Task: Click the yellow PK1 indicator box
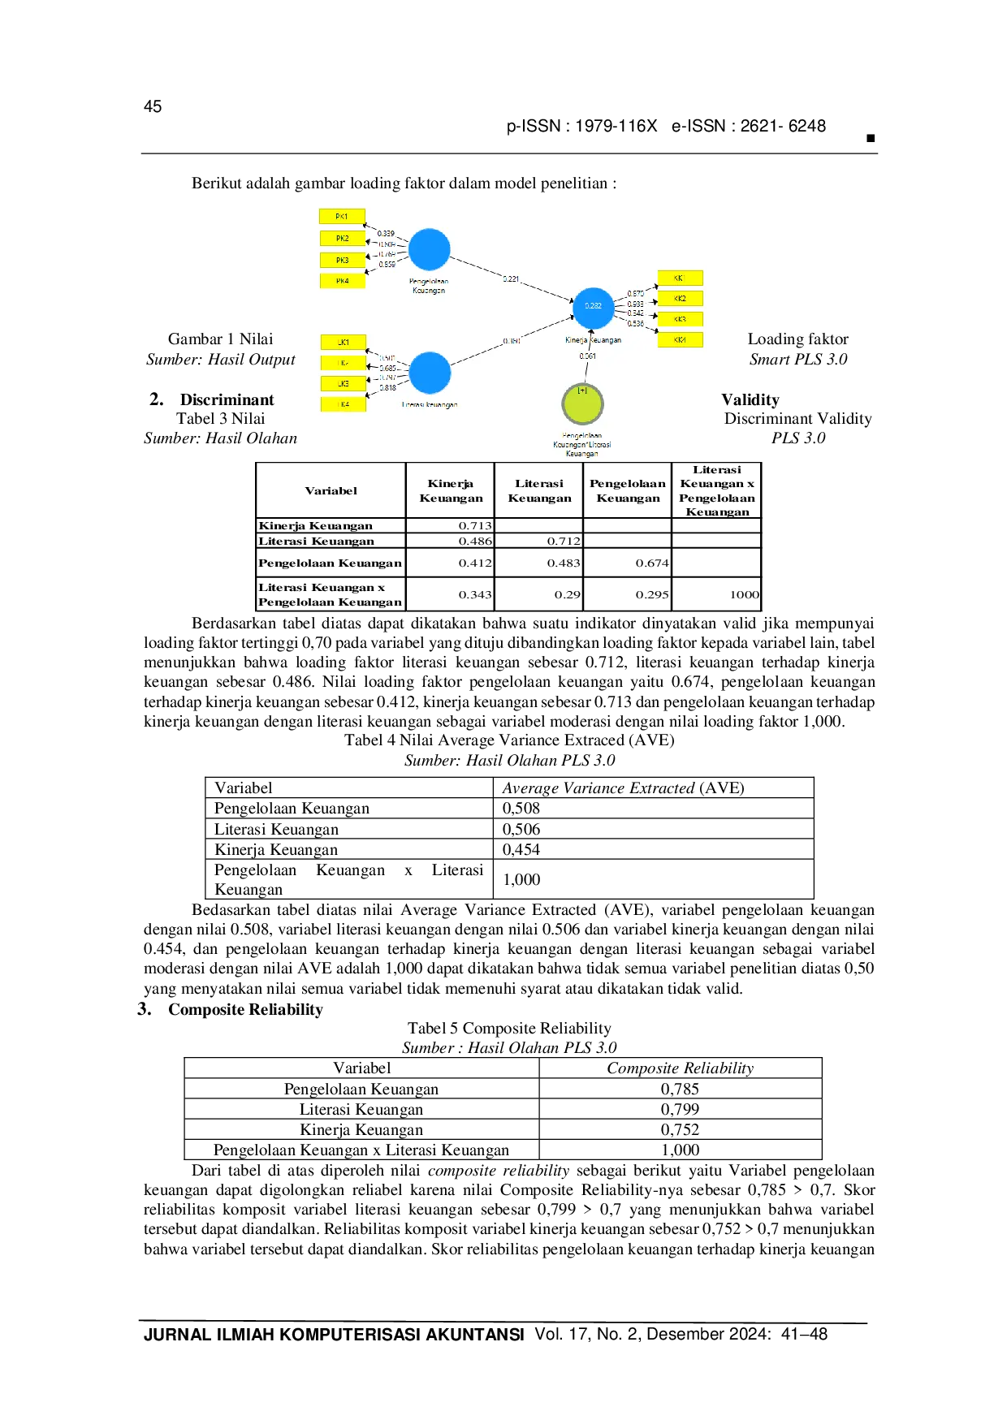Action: coord(342,217)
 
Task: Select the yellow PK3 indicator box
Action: coord(342,260)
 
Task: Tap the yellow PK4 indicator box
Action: coord(342,281)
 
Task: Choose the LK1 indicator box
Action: coord(344,343)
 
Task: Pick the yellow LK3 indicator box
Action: coord(344,383)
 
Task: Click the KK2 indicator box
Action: coord(680,299)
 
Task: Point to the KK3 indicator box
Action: coord(680,319)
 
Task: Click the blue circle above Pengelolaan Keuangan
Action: coord(429,249)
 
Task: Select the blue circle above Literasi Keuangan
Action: coord(430,373)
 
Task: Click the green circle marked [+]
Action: coord(582,403)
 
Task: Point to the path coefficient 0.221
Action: coord(511,279)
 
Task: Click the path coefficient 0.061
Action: coord(587,356)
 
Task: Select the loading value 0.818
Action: coord(388,388)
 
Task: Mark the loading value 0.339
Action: coord(386,234)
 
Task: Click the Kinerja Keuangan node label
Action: coord(593,340)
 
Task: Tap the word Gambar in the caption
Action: coord(195,339)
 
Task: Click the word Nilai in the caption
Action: coord(256,339)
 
